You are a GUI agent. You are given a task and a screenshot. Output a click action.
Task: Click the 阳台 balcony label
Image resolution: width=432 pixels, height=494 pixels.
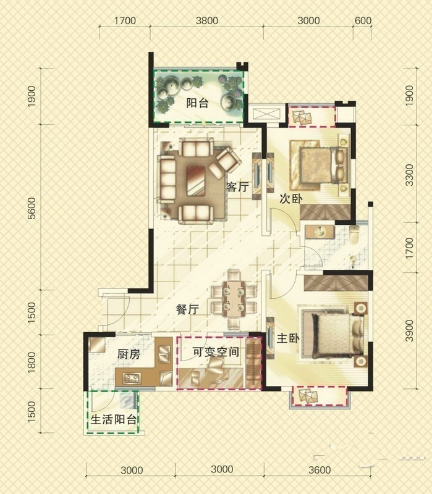[197, 103]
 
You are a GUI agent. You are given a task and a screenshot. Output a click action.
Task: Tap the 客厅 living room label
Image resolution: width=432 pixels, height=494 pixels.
[237, 187]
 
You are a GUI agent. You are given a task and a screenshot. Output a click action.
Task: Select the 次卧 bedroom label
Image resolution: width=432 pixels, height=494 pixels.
[291, 199]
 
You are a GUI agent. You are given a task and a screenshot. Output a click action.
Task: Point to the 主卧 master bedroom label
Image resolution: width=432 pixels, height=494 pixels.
[288, 338]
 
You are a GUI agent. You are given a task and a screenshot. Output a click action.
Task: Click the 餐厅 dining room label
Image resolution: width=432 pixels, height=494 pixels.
[187, 309]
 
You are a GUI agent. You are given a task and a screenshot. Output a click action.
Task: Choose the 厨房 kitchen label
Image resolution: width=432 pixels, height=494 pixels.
[129, 354]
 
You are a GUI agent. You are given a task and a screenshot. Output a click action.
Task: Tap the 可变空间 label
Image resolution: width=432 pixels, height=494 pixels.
[216, 351]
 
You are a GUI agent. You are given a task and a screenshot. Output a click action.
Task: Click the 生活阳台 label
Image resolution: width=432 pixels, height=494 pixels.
[114, 419]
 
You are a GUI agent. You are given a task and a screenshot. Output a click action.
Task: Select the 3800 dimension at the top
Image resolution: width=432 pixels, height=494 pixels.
[207, 20]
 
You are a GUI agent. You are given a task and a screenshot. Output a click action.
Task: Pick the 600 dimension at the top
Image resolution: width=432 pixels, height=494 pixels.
[363, 20]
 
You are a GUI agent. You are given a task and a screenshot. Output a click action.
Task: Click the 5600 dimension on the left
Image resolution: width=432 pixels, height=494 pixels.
[32, 208]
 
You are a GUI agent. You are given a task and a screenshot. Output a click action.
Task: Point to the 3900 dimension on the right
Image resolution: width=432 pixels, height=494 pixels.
[409, 330]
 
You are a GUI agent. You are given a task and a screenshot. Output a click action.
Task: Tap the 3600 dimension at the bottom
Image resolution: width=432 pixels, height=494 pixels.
[320, 470]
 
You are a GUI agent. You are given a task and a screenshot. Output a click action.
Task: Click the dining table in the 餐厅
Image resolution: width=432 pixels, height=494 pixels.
[234, 298]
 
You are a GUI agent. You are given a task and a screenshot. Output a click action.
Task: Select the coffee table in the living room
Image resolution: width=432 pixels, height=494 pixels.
[196, 181]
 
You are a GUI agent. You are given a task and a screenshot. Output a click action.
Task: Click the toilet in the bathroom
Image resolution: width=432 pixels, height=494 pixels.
[355, 235]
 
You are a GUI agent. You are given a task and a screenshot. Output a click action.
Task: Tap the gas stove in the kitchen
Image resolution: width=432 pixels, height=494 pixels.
[132, 377]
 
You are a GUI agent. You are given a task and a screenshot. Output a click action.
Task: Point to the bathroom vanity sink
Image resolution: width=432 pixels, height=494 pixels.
[320, 232]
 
